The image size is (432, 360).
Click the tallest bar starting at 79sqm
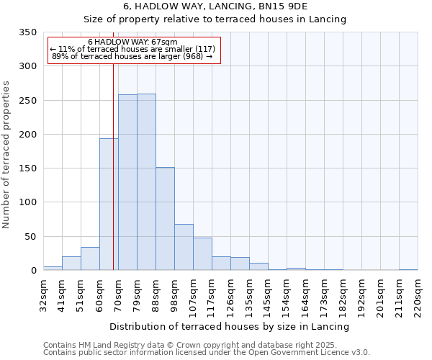click(146, 182)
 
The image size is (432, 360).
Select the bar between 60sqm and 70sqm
click(109, 204)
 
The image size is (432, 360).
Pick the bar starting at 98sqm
click(184, 247)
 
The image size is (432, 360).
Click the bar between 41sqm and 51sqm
click(71, 264)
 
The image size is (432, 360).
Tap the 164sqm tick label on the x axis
click(305, 295)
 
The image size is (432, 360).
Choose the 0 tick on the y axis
click(33, 271)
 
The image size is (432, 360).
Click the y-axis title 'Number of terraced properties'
click(6, 154)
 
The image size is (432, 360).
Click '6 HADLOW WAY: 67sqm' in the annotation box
click(132, 42)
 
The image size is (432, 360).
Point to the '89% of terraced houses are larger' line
click(132, 57)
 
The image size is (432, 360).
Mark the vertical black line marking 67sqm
click(113, 166)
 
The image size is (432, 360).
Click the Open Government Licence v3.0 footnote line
click(206, 353)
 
